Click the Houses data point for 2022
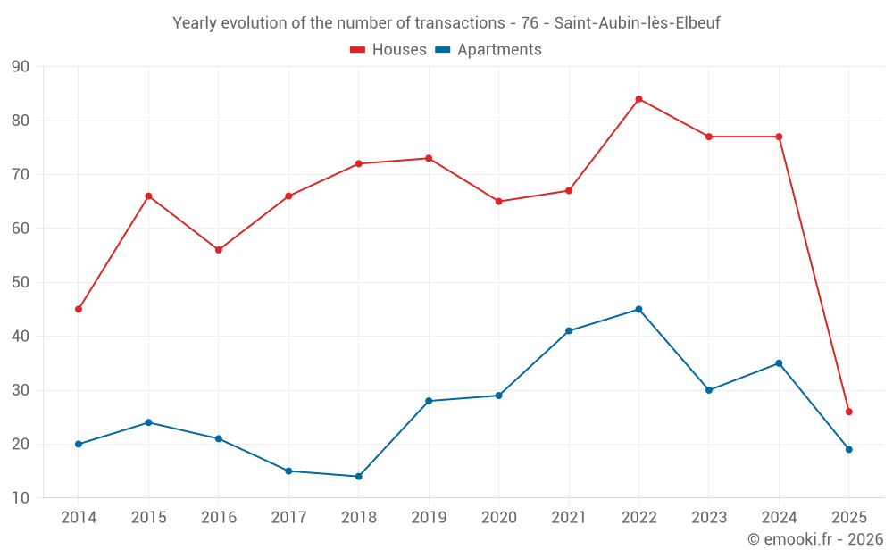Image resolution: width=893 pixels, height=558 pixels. [x=638, y=99]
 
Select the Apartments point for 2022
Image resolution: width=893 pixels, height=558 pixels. [x=638, y=310]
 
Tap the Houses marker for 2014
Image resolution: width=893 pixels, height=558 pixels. [x=79, y=310]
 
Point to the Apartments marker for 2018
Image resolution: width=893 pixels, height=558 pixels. [x=359, y=477]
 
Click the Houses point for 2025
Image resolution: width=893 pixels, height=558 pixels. [x=849, y=412]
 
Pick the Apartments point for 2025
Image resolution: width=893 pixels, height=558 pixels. [x=849, y=449]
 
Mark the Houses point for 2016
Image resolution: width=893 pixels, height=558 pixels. [x=219, y=250]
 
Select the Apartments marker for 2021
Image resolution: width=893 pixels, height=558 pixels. [x=569, y=331]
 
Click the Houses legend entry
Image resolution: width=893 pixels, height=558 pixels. [x=388, y=50]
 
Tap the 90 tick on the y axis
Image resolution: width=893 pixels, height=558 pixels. [x=21, y=67]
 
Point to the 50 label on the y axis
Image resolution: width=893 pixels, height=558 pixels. [x=21, y=282]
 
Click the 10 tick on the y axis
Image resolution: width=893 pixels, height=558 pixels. [x=21, y=498]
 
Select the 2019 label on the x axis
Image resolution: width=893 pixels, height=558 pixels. [x=429, y=518]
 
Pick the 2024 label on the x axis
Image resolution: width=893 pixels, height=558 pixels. [x=779, y=518]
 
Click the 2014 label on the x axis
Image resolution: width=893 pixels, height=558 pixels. [x=79, y=518]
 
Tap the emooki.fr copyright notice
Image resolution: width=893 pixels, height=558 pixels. [x=814, y=539]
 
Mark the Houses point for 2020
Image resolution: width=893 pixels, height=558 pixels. [x=498, y=202]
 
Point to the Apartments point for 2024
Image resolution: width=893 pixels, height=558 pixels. [x=779, y=363]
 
